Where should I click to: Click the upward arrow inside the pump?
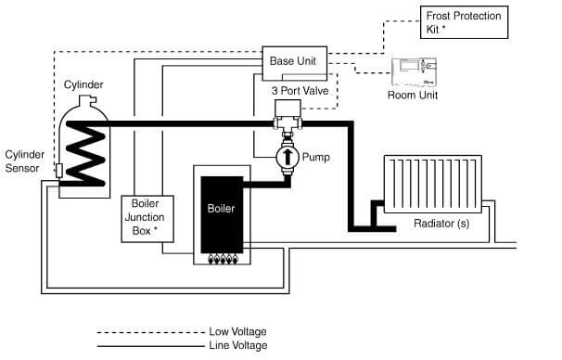pyautogui.click(x=287, y=157)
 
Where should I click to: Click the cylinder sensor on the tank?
pyautogui.click(x=59, y=171)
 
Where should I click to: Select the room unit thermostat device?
pyautogui.click(x=414, y=72)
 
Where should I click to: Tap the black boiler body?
pyautogui.click(x=222, y=214)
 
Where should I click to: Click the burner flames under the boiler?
pyautogui.click(x=223, y=259)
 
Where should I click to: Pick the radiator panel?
pyautogui.click(x=433, y=184)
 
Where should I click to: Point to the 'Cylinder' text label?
pyautogui.click(x=83, y=84)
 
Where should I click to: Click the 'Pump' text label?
pyautogui.click(x=315, y=157)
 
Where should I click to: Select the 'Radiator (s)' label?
pyautogui.click(x=441, y=224)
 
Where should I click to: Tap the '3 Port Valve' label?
pyautogui.click(x=300, y=90)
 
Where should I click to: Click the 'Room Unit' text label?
pyautogui.click(x=413, y=95)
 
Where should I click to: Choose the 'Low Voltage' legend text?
pyautogui.click(x=237, y=331)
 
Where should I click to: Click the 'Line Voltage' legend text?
pyautogui.click(x=238, y=346)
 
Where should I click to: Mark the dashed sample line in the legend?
pyautogui.click(x=150, y=332)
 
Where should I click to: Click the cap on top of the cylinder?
pyautogui.click(x=87, y=99)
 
